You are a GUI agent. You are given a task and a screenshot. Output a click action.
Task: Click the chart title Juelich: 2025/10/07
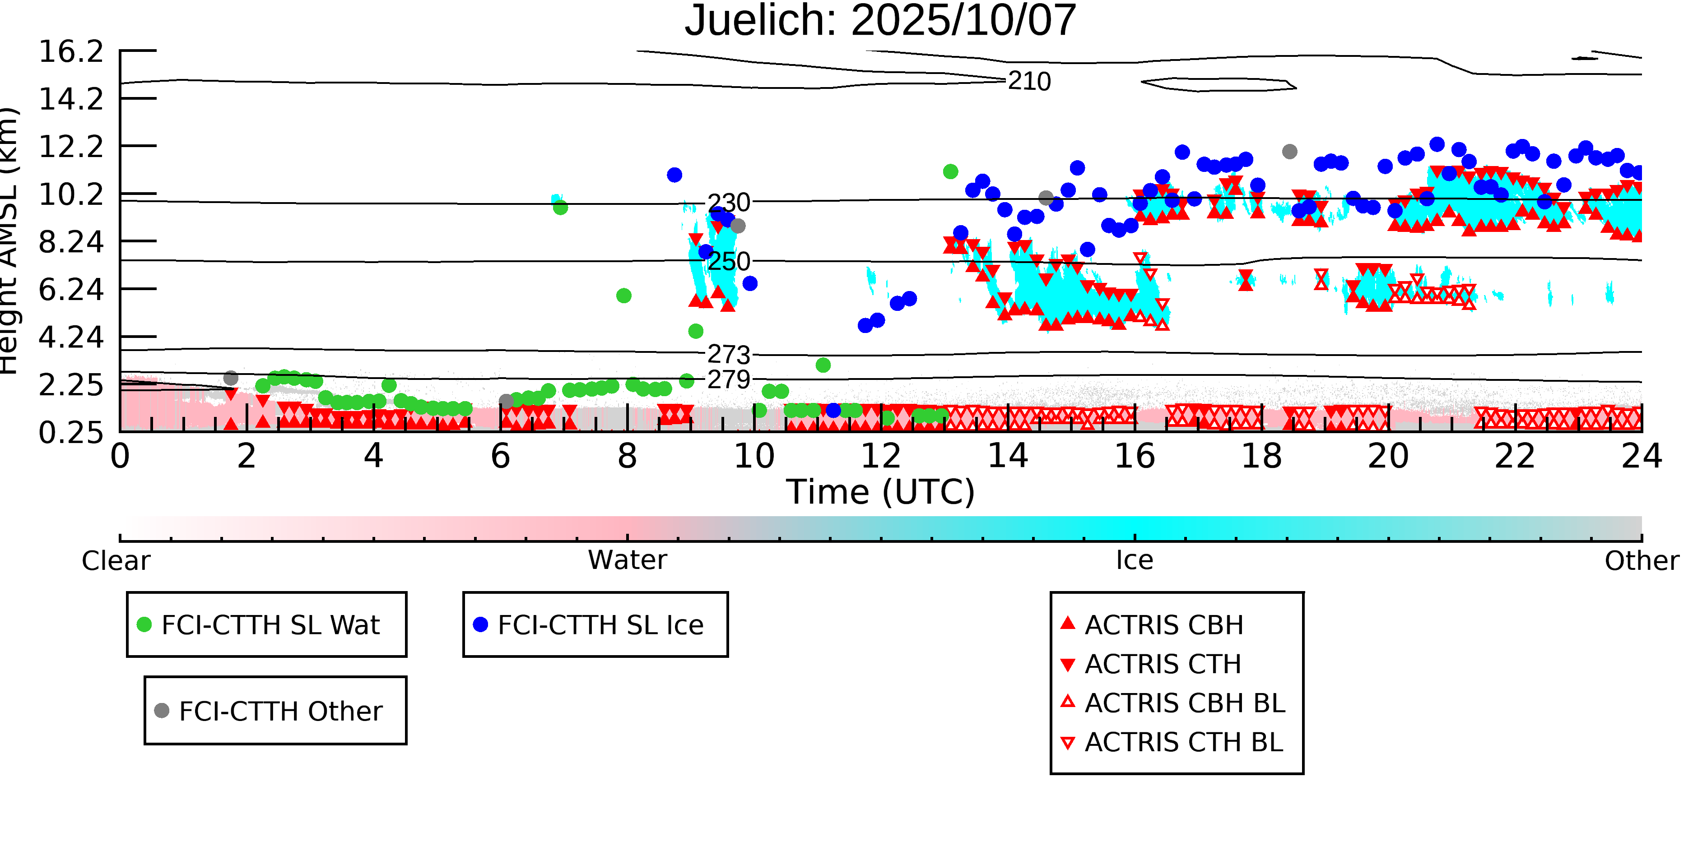point(880,21)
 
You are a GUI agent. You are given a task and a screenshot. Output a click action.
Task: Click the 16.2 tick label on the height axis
point(71,52)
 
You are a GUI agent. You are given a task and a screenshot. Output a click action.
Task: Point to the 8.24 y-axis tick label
point(71,242)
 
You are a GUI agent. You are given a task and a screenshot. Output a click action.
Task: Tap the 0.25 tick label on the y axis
point(71,433)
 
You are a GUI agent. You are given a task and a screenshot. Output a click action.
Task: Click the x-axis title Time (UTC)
point(880,492)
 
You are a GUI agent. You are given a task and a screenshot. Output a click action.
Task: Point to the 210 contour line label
point(1029,82)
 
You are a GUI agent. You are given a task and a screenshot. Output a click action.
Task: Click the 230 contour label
point(728,203)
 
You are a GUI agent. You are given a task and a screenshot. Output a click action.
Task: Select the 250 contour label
point(728,261)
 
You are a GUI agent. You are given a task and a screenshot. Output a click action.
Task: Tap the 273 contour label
point(728,355)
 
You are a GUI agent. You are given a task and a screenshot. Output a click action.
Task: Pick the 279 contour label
point(728,379)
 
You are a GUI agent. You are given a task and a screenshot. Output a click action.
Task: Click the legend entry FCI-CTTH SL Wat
point(270,624)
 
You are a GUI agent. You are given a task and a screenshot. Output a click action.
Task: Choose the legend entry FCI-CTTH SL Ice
point(600,624)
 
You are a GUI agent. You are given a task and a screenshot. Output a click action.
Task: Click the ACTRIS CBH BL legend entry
point(1184,703)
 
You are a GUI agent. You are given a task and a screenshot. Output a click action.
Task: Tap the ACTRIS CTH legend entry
point(1162,664)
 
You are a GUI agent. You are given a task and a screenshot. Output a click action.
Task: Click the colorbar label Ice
point(1135,560)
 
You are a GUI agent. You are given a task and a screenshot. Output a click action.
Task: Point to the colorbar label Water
point(627,560)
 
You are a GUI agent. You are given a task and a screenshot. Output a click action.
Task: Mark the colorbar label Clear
point(116,561)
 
